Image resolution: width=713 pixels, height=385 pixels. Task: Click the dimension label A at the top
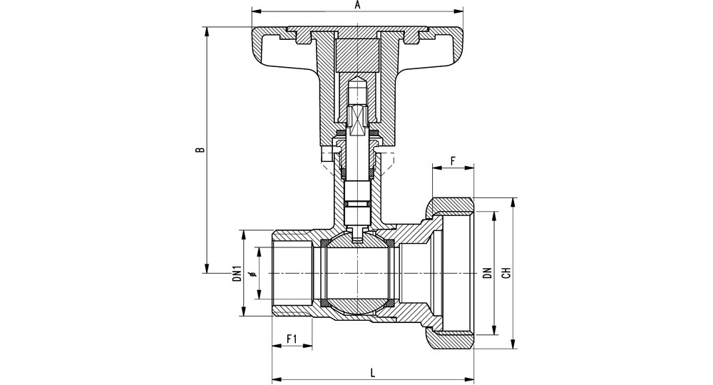(357, 5)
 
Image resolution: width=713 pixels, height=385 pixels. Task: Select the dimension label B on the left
(200, 150)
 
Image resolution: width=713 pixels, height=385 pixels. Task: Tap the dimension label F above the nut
(453, 161)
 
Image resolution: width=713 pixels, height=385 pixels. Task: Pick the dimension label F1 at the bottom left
(292, 339)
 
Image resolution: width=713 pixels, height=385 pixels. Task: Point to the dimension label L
(373, 373)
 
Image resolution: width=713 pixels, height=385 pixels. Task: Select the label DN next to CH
(488, 273)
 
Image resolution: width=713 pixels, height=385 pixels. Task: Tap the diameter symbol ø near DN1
(253, 273)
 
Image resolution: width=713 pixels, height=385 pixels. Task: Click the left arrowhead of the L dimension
(275, 379)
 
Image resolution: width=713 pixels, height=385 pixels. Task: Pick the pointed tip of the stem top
(357, 78)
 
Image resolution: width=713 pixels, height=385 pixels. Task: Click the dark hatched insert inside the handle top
(357, 56)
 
